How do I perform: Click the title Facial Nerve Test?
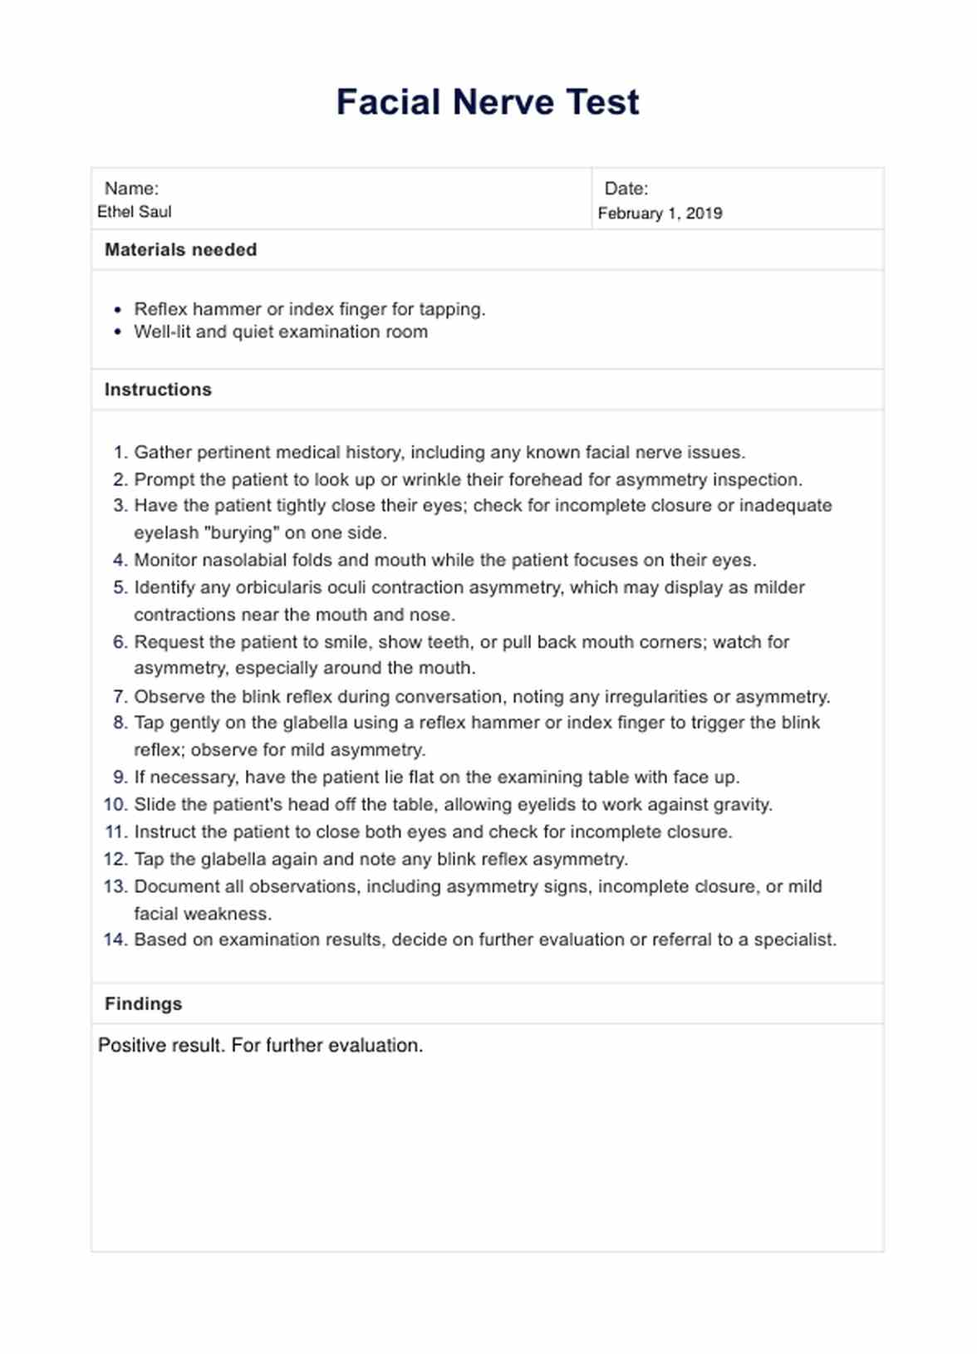pos(488,102)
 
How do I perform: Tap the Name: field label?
pos(131,189)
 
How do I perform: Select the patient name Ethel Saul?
pos(135,212)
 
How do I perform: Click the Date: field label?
pos(626,189)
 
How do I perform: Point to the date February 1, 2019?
pos(660,213)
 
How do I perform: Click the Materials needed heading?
pos(180,250)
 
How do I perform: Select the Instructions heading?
pos(158,390)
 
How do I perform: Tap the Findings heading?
pos(143,1003)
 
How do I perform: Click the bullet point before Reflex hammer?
pos(118,310)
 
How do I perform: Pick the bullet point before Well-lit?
pos(118,332)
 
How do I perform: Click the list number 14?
pos(115,939)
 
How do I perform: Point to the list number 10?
pos(115,804)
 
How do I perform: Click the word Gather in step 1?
pos(161,453)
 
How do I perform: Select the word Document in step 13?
pos(171,886)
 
